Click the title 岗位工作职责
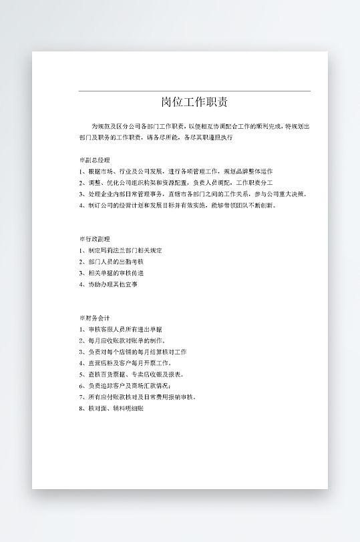coord(194,103)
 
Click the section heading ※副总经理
coord(94,161)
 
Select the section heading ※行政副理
coord(94,239)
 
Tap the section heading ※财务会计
coord(94,318)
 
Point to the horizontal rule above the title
coord(194,91)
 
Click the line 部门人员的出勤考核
coord(111,262)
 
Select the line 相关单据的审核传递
coord(111,273)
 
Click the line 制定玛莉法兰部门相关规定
coord(120,250)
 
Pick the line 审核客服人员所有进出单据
coord(120,329)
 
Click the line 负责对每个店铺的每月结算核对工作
coord(132,352)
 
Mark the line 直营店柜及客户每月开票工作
coord(125,363)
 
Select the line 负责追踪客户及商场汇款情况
coord(124,386)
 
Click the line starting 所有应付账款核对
coord(138,396)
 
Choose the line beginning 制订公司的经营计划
coord(177,206)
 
